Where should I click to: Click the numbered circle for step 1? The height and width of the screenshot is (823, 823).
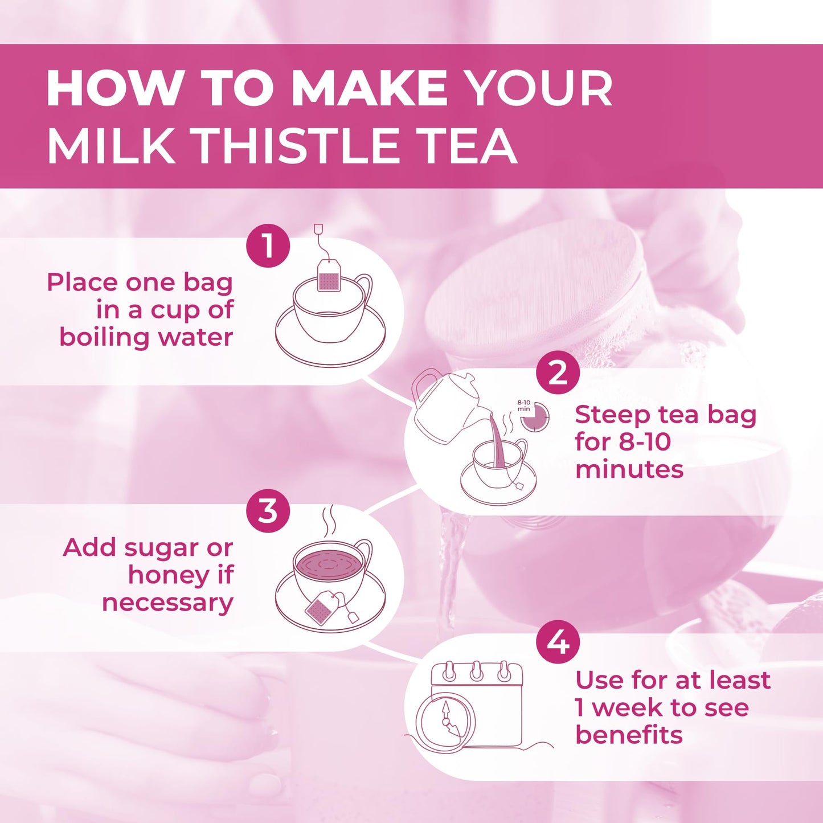coord(268,246)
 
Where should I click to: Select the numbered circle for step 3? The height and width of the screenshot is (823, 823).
coord(268,511)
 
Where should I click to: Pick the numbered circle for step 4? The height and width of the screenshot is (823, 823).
coord(558,642)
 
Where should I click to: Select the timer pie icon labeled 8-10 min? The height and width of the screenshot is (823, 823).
coord(535,417)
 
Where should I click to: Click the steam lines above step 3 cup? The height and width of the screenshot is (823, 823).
coord(329,522)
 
